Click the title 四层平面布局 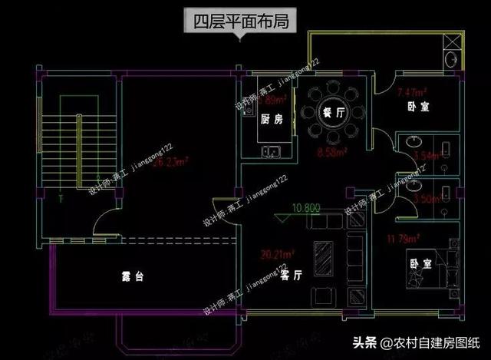point(239,19)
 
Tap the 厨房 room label point(271,120)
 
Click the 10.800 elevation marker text point(305,207)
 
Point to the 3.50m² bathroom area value point(426,198)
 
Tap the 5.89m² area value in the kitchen point(273,100)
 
